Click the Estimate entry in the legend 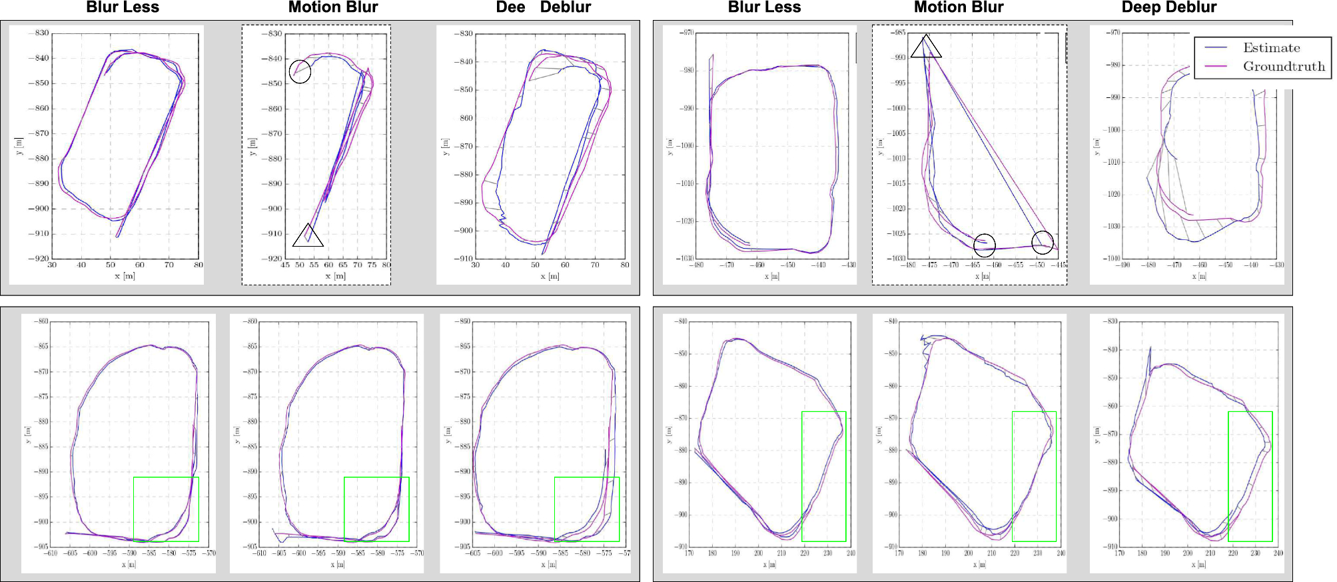click(1271, 48)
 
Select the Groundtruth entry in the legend click(1283, 67)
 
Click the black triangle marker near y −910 click(308, 235)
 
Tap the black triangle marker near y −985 click(926, 47)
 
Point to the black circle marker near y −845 click(300, 72)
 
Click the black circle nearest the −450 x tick click(1043, 242)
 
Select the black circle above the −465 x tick click(985, 245)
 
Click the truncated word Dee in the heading click(510, 7)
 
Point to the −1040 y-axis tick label click(1111, 258)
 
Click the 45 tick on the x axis click(285, 265)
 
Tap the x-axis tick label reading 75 click(372, 265)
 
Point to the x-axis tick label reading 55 click(314, 265)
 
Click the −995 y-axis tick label click(898, 83)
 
